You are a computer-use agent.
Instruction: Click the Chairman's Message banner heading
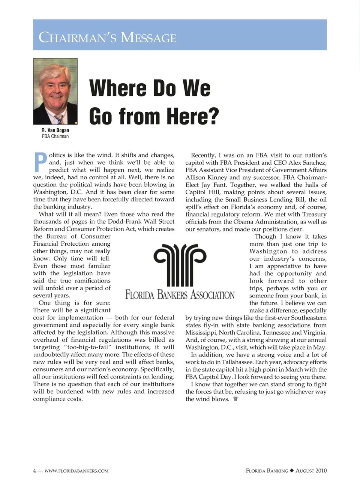click(x=108, y=38)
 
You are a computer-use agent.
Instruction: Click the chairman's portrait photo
click(x=55, y=91)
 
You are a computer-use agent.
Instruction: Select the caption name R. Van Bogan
click(x=55, y=130)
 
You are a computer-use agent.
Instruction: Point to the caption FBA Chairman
click(x=55, y=137)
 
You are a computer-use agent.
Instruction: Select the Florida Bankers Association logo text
click(x=180, y=295)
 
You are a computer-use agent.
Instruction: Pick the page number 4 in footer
click(x=34, y=470)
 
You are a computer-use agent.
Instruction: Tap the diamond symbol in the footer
click(x=292, y=470)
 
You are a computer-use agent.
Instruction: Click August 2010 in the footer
click(x=311, y=470)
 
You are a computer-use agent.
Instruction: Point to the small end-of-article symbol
click(x=235, y=399)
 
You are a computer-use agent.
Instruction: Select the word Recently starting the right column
click(x=203, y=155)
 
